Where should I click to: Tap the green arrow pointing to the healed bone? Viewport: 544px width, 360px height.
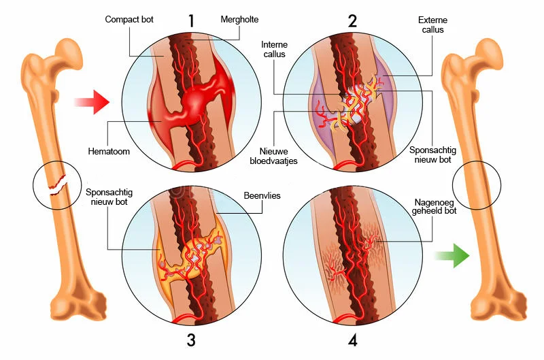pyautogui.click(x=452, y=257)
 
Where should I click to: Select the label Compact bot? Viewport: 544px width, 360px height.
pyautogui.click(x=129, y=19)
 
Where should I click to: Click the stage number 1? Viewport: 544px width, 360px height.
pyautogui.click(x=192, y=20)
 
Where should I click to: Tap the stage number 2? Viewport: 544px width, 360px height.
pyautogui.click(x=352, y=20)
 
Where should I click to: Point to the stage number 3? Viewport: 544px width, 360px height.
pyautogui.click(x=191, y=340)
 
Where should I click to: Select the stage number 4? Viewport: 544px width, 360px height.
pyautogui.click(x=352, y=340)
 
